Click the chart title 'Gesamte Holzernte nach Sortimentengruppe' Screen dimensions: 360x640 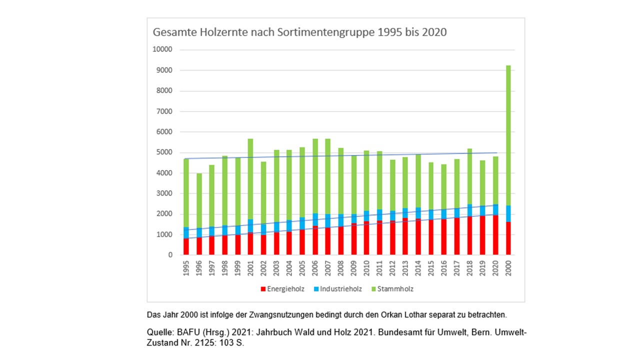[x=299, y=32]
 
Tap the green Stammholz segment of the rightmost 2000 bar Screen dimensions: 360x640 [x=507, y=135]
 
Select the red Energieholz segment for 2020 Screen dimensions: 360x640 [x=494, y=235]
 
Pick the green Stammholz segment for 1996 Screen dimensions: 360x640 [x=199, y=200]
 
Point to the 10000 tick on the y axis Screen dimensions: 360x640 [x=162, y=50]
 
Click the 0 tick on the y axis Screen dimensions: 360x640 [x=169, y=255]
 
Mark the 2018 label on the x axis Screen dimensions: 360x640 [x=469, y=268]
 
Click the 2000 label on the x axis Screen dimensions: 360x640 [x=507, y=268]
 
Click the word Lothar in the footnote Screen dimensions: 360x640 [x=406, y=315]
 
